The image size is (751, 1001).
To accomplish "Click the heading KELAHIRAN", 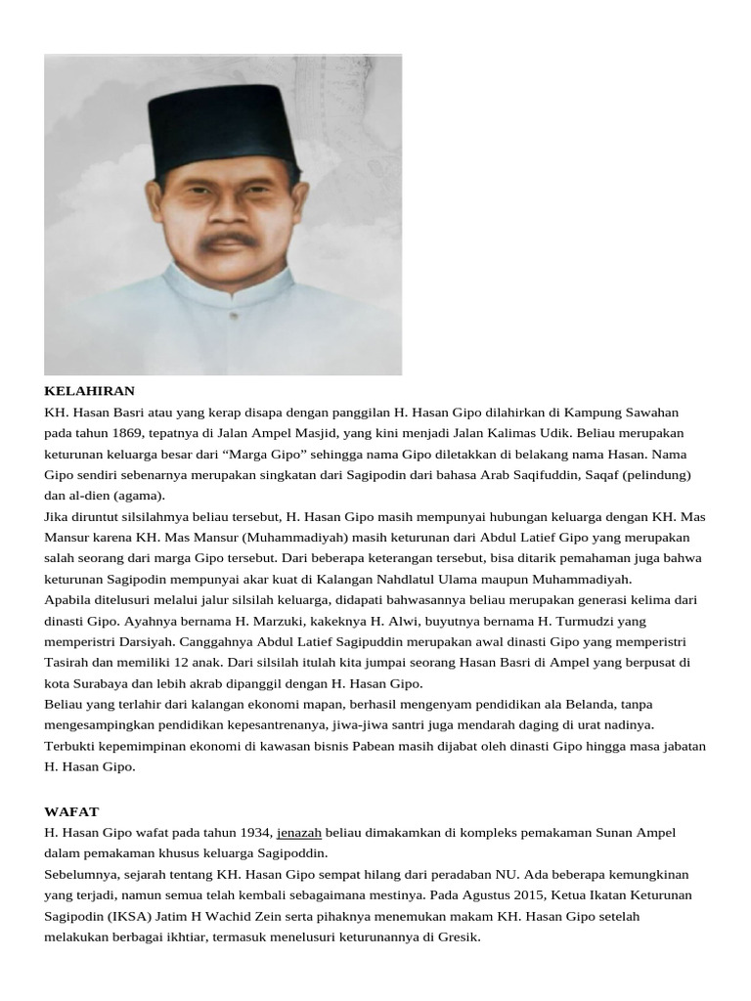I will (89, 391).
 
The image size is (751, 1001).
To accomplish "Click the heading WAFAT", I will (71, 811).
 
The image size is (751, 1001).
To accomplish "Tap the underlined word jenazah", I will (299, 832).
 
